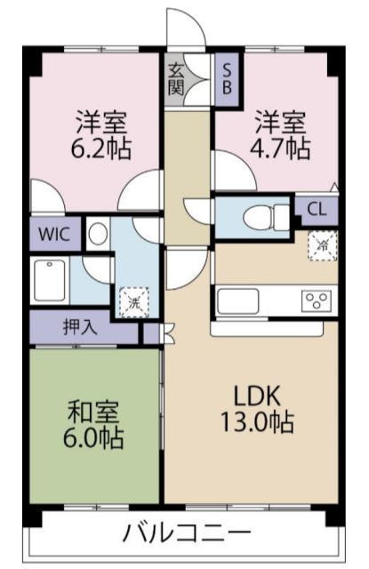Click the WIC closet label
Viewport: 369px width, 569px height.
[54, 235]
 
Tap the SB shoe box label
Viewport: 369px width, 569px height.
[227, 79]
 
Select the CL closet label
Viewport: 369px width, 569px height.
[317, 210]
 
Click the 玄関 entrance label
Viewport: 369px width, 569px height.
[176, 79]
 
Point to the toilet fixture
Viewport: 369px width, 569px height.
[266, 217]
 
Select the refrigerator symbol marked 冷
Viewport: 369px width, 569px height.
[322, 245]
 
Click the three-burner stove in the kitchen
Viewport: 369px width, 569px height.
[317, 301]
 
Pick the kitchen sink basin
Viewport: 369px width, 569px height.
[237, 301]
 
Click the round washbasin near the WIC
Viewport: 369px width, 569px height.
[98, 234]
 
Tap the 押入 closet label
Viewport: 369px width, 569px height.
[80, 327]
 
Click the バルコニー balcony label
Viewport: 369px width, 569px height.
[187, 533]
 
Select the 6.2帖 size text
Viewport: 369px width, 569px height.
[100, 148]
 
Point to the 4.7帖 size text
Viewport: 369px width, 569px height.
[280, 148]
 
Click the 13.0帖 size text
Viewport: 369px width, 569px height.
[257, 422]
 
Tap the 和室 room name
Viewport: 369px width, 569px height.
[93, 413]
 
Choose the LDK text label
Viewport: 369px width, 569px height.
[257, 396]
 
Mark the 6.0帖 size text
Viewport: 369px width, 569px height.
[93, 438]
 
